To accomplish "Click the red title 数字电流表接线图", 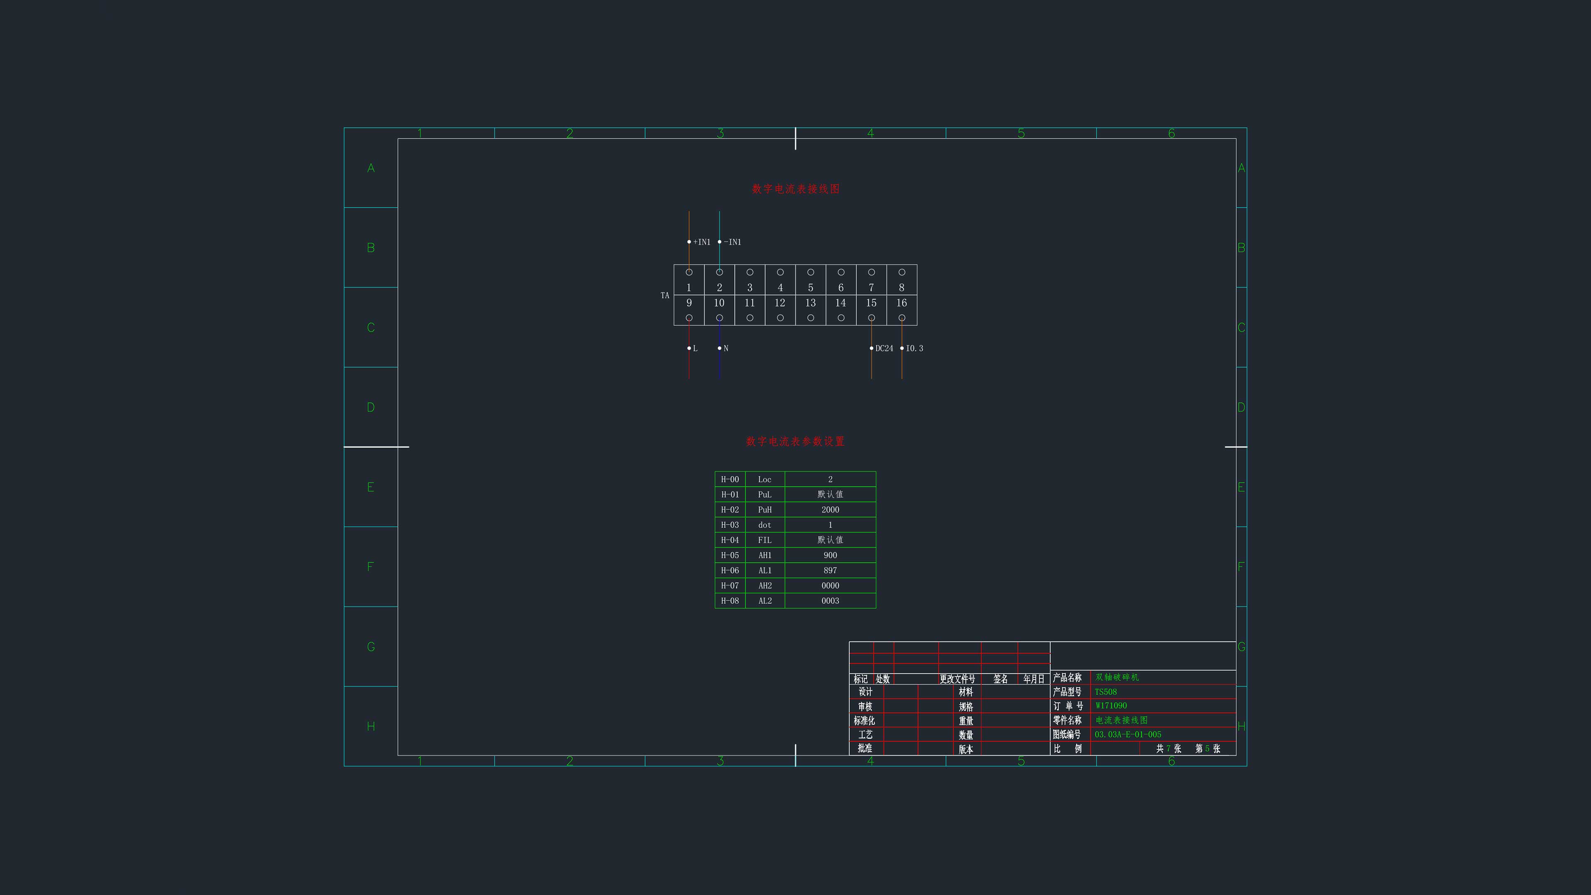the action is pyautogui.click(x=795, y=189).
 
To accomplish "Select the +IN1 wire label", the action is pyautogui.click(x=701, y=242).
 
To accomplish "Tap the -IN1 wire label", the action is pyautogui.click(x=733, y=242).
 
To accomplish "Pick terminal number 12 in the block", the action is pyautogui.click(x=780, y=302).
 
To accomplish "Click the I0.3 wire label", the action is pyautogui.click(x=915, y=348).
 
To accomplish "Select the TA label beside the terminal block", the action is pyautogui.click(x=665, y=295).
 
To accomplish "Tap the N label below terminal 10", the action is pyautogui.click(x=726, y=348).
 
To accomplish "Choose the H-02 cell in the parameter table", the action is pyautogui.click(x=730, y=510).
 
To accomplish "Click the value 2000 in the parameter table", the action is pyautogui.click(x=830, y=510).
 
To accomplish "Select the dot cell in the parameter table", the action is pyautogui.click(x=764, y=525).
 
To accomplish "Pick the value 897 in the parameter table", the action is pyautogui.click(x=830, y=571).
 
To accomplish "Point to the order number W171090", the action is pyautogui.click(x=1111, y=705).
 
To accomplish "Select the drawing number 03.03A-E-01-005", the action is pyautogui.click(x=1128, y=734).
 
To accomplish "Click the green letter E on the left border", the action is pyautogui.click(x=370, y=487).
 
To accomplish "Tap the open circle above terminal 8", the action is pyautogui.click(x=902, y=272).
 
